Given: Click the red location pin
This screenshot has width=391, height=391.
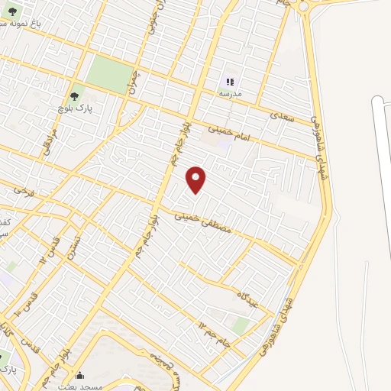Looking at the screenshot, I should pyautogui.click(x=197, y=179).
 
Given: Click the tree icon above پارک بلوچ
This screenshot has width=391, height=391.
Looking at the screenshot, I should pyautogui.click(x=74, y=96).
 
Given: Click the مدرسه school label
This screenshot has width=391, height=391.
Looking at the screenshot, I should pyautogui.click(x=230, y=93).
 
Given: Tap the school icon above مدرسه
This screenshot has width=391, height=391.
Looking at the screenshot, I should pyautogui.click(x=230, y=80).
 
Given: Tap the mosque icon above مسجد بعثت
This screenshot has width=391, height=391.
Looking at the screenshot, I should pyautogui.click(x=81, y=376).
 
